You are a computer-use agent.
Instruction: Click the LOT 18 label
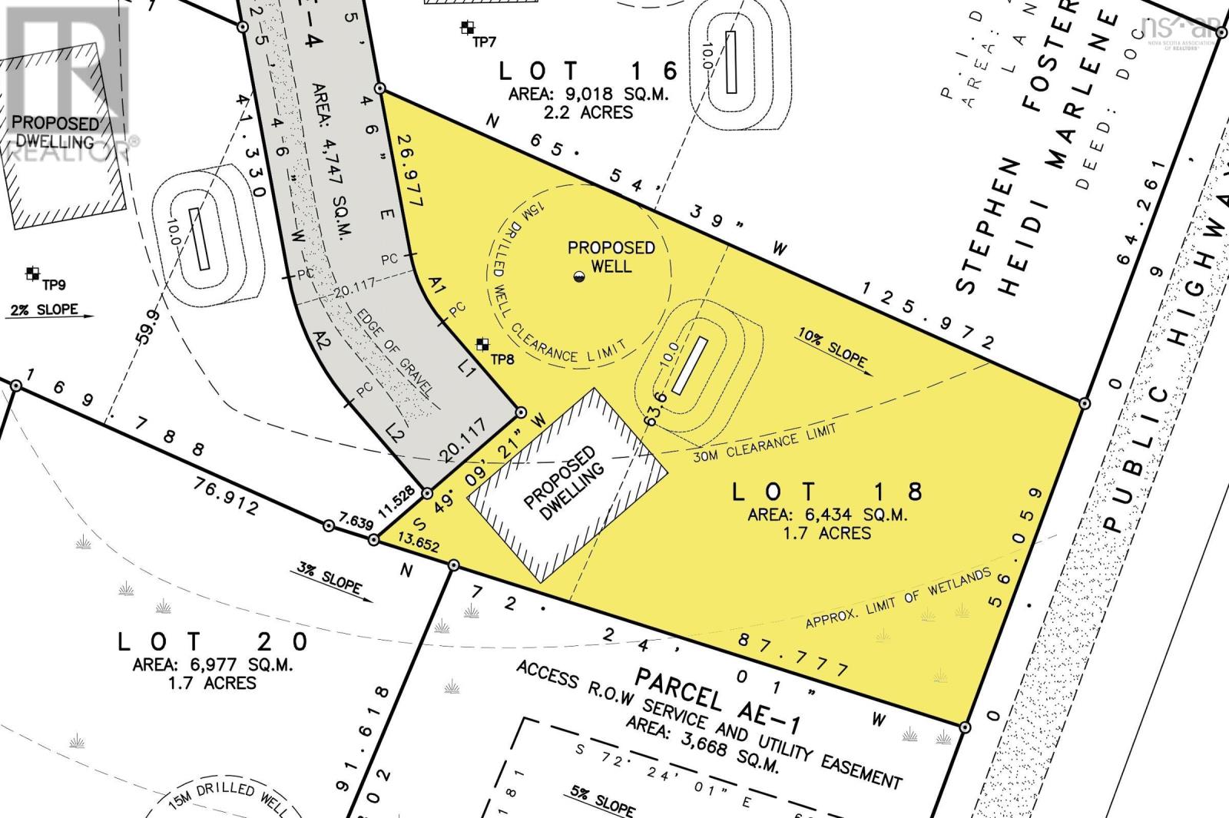point(827,492)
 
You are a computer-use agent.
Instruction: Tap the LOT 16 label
point(589,71)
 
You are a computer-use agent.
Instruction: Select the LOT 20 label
point(214,642)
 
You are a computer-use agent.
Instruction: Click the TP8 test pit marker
point(483,343)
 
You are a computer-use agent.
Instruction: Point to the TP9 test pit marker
point(32,273)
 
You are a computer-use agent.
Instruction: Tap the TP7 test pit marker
point(466,29)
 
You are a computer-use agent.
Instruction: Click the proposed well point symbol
point(578,277)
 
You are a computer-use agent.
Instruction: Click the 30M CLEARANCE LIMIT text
point(764,443)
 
